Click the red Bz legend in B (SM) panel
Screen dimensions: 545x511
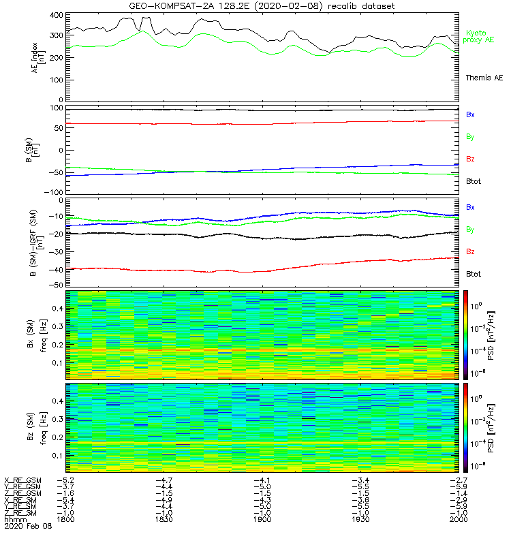coord(470,159)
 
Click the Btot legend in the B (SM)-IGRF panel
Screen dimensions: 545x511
coord(474,274)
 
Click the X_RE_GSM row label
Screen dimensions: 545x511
coord(22,481)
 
